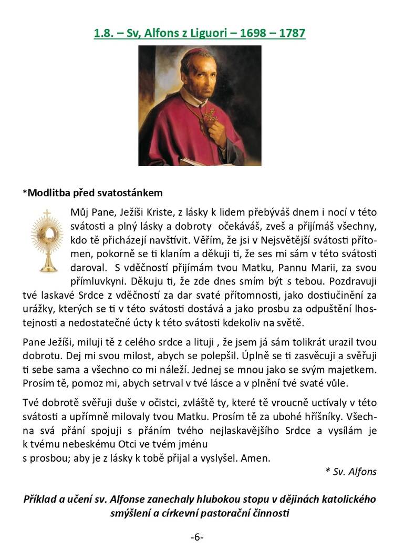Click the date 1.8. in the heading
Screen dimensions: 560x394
103,33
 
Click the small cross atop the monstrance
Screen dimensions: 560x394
47,213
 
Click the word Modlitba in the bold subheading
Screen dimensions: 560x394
48,192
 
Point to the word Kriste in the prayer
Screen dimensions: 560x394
161,212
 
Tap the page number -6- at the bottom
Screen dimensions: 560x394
197,537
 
